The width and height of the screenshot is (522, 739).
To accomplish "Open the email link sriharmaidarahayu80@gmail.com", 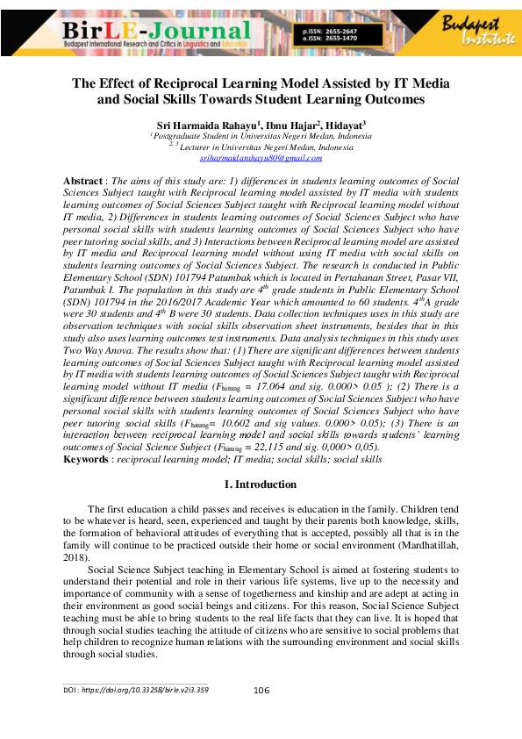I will tap(261, 157).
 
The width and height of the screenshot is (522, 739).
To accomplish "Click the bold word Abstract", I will tap(82, 180).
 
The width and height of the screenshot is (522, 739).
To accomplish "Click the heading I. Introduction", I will tap(261, 484).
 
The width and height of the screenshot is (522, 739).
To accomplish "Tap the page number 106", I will tap(261, 691).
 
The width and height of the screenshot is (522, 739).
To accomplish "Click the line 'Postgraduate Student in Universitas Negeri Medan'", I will tap(261, 136).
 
